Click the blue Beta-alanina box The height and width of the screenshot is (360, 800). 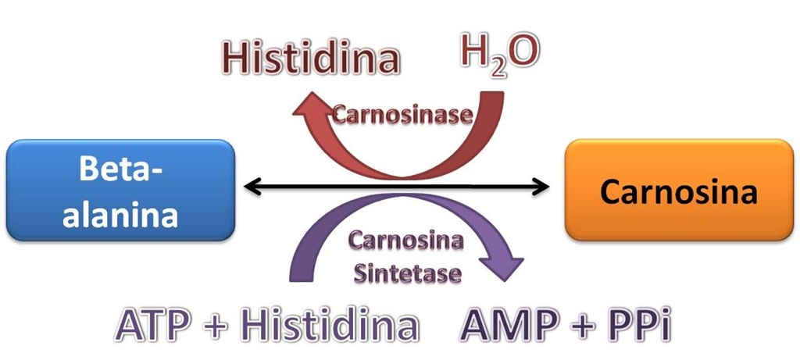click(121, 191)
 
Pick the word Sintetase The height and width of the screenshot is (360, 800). click(408, 274)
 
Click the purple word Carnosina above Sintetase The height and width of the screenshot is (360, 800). click(405, 241)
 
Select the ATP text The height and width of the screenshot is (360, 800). click(153, 324)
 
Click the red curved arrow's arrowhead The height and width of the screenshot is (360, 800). click(309, 109)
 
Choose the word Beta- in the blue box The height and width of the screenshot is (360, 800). click(121, 169)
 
